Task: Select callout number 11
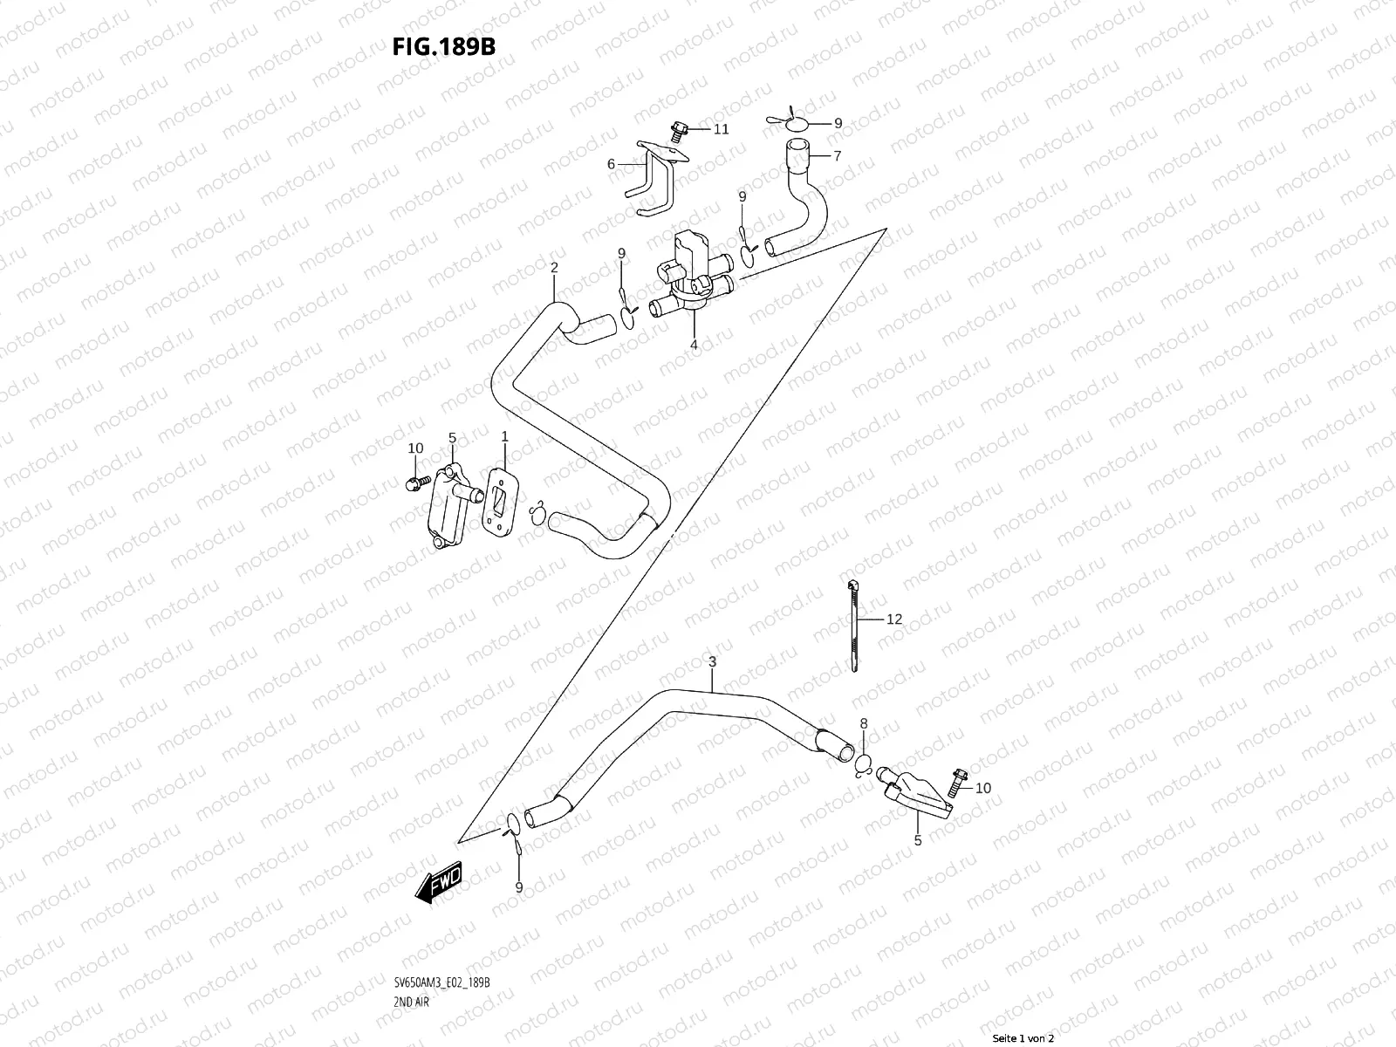(x=721, y=130)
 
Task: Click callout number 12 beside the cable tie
(x=894, y=619)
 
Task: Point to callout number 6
(x=611, y=164)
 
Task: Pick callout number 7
(x=838, y=156)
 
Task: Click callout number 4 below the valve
(x=694, y=345)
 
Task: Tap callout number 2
(x=553, y=267)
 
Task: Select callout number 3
(x=712, y=662)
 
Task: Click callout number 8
(x=864, y=722)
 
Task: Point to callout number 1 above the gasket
(x=503, y=435)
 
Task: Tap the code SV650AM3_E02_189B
(x=441, y=982)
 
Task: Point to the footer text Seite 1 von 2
(x=1023, y=1038)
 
